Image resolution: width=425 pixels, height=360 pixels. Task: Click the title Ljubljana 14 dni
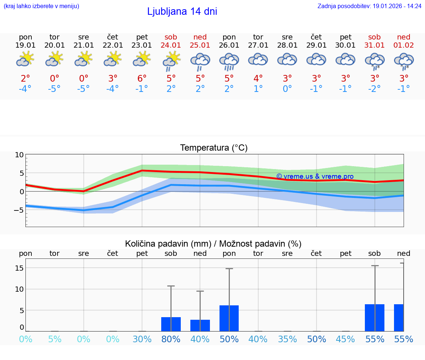point(182,11)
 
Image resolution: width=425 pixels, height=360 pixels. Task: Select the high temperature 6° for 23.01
point(142,78)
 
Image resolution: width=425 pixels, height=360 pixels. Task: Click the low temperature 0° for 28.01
point(287,89)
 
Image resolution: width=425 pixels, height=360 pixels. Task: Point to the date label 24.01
point(171,45)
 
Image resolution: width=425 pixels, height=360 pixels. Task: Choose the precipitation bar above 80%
point(171,324)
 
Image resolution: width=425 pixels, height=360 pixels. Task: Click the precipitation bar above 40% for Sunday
point(200,325)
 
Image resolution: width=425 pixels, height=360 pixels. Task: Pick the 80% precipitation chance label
point(171,339)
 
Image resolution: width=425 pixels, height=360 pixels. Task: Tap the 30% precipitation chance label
point(142,339)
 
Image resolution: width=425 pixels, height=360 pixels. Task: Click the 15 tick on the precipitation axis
point(19,268)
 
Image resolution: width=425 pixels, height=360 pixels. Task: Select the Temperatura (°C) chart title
point(214,148)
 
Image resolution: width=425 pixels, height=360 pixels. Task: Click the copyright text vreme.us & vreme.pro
point(315,176)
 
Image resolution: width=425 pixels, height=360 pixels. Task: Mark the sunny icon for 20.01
point(55,59)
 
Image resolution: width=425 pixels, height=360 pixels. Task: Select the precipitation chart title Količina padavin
point(213,244)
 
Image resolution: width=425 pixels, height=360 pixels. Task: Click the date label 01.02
point(404,45)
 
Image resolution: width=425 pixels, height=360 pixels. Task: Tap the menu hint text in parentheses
point(41,6)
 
